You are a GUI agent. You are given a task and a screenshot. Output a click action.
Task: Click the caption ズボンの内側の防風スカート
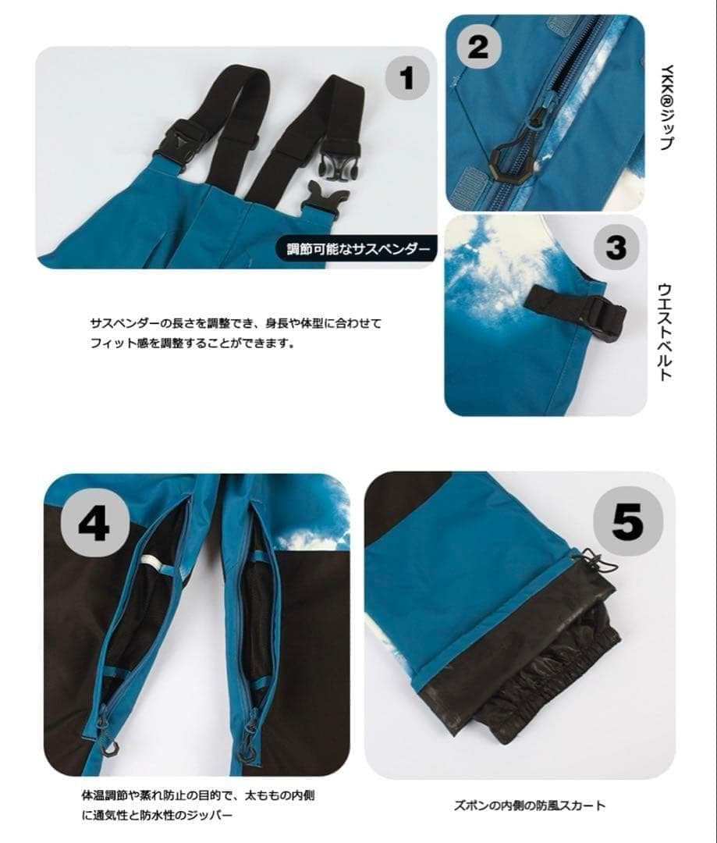(529, 806)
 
